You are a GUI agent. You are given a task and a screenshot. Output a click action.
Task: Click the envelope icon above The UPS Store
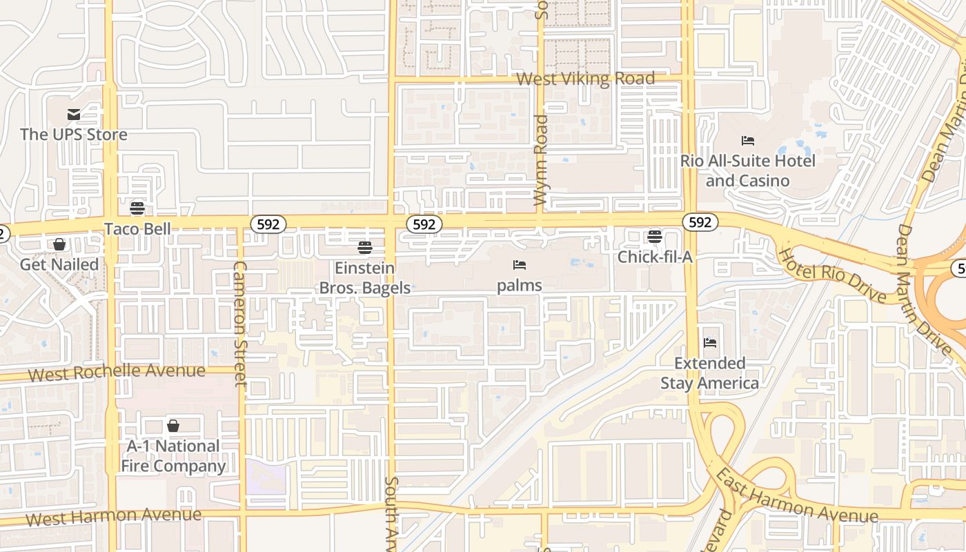(74, 115)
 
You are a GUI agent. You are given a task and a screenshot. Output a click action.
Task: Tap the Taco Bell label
(137, 228)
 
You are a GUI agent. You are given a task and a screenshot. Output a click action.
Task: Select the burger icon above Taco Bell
(137, 208)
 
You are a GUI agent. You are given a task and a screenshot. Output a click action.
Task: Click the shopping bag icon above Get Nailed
(59, 244)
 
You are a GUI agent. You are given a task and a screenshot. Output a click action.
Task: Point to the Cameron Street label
(239, 323)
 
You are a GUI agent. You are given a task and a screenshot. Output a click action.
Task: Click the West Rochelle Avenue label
(117, 372)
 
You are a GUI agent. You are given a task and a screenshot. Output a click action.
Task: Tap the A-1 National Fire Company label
(173, 456)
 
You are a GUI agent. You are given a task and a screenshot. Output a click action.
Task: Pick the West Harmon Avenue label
(113, 516)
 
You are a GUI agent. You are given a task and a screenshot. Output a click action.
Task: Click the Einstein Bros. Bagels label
(365, 277)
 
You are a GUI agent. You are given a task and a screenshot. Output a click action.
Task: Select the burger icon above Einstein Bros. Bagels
(365, 247)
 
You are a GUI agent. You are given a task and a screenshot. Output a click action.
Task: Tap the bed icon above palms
(520, 265)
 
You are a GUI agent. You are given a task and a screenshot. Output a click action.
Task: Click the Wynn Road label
(540, 160)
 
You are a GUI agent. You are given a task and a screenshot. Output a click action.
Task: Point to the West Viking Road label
(585, 79)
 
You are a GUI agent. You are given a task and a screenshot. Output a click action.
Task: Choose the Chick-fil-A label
(654, 257)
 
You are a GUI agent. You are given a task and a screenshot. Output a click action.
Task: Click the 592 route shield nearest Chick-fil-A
(700, 222)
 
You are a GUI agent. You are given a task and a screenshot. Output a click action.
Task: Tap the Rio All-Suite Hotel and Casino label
(748, 170)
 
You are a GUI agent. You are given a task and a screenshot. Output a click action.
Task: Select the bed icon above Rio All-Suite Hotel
(748, 141)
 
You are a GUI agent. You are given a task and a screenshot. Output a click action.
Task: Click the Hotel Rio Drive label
(832, 275)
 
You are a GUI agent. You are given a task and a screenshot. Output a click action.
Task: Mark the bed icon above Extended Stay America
(710, 343)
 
